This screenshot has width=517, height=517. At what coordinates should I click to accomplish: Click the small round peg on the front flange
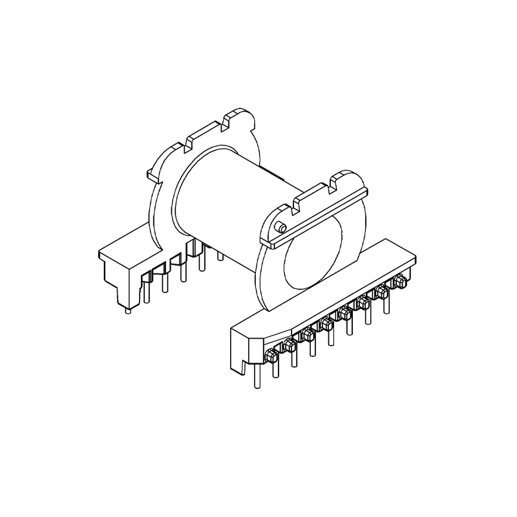(x=280, y=227)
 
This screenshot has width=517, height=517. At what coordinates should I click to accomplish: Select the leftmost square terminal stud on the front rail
(x=271, y=354)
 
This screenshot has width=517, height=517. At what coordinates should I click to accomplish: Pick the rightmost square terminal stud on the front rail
(x=400, y=280)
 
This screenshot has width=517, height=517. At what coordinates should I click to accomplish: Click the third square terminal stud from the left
(x=308, y=334)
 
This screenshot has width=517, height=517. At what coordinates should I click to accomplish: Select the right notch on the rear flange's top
(x=229, y=121)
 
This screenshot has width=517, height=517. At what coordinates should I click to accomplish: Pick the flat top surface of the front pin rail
(x=323, y=291)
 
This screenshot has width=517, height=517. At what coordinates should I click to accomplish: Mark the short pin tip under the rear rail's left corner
(x=127, y=310)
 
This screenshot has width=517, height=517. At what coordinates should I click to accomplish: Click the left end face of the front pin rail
(x=239, y=352)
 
